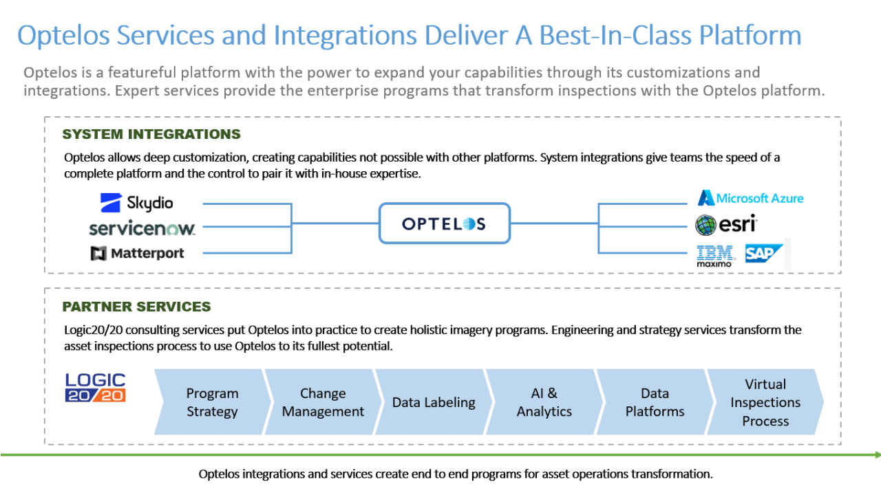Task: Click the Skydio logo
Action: (x=136, y=203)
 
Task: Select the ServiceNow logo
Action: (x=142, y=228)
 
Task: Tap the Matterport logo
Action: (x=138, y=253)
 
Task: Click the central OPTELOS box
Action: (x=444, y=223)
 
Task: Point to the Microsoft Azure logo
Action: (x=750, y=198)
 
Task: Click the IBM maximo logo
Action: (x=715, y=255)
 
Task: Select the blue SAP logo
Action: (x=763, y=254)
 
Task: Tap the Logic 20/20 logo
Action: (x=96, y=388)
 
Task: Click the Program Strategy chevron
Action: (x=211, y=402)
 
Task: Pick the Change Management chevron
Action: (x=322, y=402)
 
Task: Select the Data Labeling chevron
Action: (x=433, y=402)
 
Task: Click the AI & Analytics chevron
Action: (x=544, y=402)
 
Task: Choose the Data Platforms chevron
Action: (x=654, y=402)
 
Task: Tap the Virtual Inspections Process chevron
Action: (x=765, y=402)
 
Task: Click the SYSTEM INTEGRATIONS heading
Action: (x=151, y=134)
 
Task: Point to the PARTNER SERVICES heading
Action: (x=136, y=307)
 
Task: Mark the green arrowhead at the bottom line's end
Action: (x=877, y=454)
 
